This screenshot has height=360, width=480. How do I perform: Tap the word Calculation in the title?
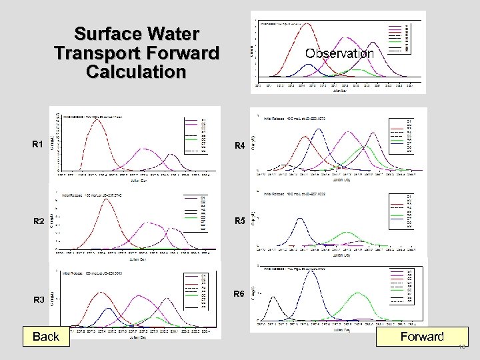coord(136,71)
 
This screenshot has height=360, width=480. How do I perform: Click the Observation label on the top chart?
coord(339,53)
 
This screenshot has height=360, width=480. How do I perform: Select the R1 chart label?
coord(38,144)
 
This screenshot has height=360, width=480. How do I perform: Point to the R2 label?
coord(38,221)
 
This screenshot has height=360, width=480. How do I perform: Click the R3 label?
coord(39,300)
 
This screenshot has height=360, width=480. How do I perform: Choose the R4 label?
coord(239,145)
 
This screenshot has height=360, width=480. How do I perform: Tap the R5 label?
coord(239,221)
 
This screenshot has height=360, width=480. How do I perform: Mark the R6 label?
coord(239,294)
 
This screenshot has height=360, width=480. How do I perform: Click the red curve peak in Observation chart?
coord(307,25)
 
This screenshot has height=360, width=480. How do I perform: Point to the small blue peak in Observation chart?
coord(307,65)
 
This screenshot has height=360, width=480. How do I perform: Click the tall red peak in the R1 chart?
coord(97,121)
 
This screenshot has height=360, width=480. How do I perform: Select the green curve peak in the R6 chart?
coord(359,293)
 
